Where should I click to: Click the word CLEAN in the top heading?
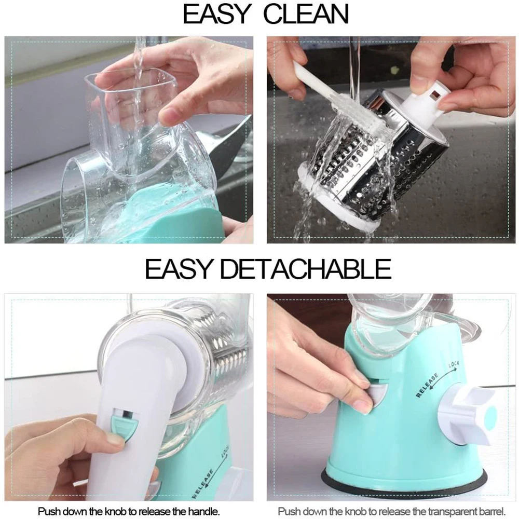click(x=306, y=15)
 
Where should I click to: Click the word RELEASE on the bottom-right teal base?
click(x=427, y=384)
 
